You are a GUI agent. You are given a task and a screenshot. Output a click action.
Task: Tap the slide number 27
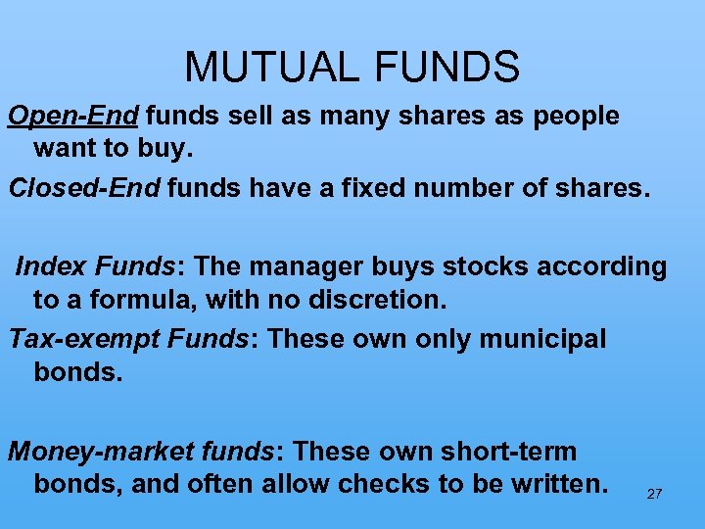pos(654,494)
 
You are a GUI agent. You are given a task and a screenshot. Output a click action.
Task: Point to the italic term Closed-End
pos(83,187)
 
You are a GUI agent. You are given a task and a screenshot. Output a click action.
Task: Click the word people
pos(576,117)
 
